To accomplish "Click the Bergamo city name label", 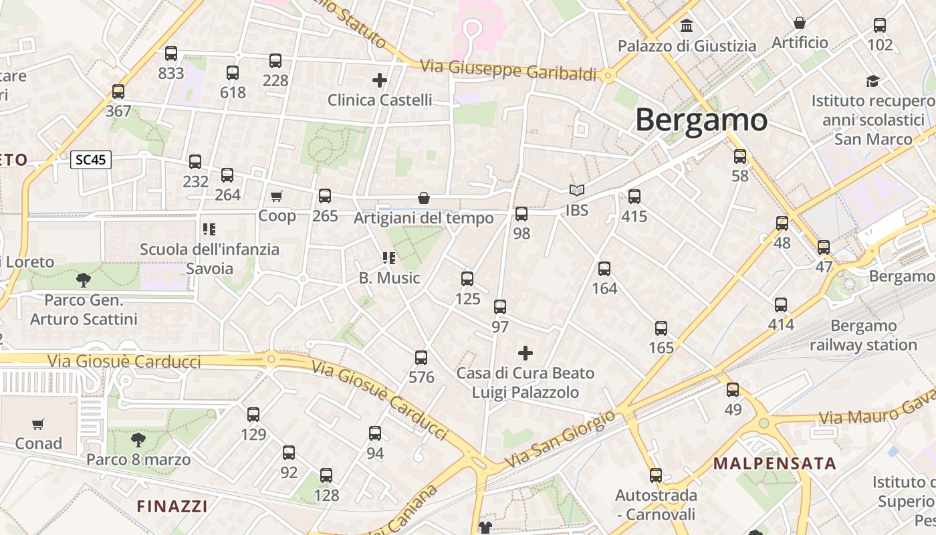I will pos(701,120).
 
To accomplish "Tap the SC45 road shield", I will pos(91,160).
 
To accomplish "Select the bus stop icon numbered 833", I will pos(171,53).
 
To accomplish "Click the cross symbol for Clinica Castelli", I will pos(380,81).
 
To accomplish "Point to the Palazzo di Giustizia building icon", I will pos(686,26).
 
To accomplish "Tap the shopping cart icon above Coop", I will pos(277,196).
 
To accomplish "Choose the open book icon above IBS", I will pos(576,191).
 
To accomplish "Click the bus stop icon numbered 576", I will pos(421,358).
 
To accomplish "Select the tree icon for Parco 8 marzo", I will pos(138,439).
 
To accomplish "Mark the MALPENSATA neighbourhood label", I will pos(775,463).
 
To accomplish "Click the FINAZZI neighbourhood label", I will pos(172,506).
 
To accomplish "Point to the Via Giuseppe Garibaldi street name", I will pos(508,70).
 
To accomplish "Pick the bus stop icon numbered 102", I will pos(880,25).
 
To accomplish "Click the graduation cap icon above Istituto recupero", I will pos(872,81).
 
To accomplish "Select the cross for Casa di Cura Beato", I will pos(525,352).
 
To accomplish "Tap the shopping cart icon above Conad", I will pos(38,424).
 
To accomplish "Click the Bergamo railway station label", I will pos(863,336).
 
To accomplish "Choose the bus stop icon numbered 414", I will pos(781,305).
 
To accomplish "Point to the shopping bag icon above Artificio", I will pos(799,23).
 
